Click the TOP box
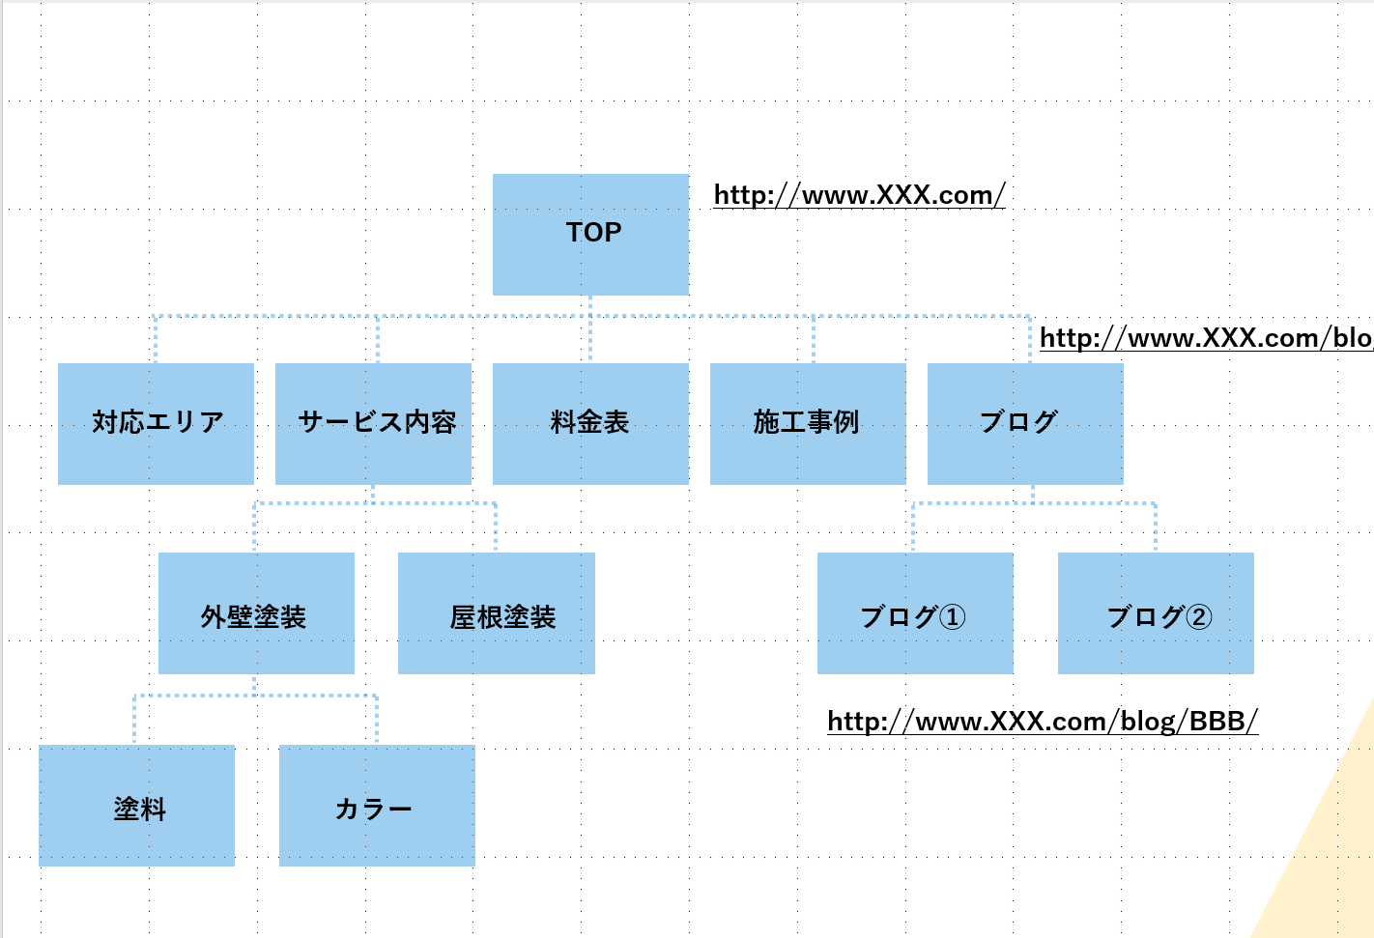590,235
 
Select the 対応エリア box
156,423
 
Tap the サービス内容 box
373,423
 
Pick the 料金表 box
590,423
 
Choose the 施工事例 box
808,423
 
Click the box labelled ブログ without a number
1025,423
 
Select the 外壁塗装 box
256,613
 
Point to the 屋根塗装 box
496,613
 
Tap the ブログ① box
915,613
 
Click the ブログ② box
1156,613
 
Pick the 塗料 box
136,806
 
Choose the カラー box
377,806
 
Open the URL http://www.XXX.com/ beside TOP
859,195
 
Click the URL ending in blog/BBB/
1043,722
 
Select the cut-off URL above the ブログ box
1205,338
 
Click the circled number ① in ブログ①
952,616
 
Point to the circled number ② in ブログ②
1198,616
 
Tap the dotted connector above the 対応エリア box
156,338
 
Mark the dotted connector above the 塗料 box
134,720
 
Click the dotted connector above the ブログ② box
1156,526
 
